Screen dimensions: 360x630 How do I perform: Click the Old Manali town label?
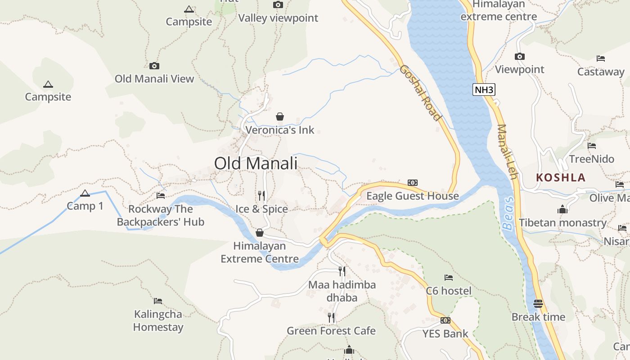click(x=256, y=163)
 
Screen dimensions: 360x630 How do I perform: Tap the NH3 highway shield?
click(x=484, y=90)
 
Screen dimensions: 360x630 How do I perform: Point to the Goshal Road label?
click(x=420, y=93)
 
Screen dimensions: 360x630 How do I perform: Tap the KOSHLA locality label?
click(x=561, y=177)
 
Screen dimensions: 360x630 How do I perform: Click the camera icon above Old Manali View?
click(x=154, y=66)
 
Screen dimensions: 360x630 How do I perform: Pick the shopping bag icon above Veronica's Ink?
click(x=280, y=117)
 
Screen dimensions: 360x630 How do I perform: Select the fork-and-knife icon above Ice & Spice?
click(x=261, y=195)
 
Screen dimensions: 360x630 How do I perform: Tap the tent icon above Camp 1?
click(x=85, y=193)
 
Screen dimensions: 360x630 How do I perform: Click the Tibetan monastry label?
click(x=562, y=223)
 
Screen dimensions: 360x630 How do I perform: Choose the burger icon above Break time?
click(x=538, y=303)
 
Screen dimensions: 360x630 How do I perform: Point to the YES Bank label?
click(x=445, y=333)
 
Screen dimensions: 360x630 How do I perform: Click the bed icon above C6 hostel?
click(x=449, y=277)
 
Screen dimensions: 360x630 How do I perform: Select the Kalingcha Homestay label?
click(x=158, y=320)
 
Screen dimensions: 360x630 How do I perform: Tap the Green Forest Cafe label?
click(x=331, y=331)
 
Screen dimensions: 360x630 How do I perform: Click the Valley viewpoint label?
click(x=278, y=18)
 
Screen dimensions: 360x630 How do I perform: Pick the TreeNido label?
click(x=591, y=159)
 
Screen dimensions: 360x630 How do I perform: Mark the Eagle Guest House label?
click(x=412, y=196)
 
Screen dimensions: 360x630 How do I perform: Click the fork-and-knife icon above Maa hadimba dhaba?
click(x=342, y=271)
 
